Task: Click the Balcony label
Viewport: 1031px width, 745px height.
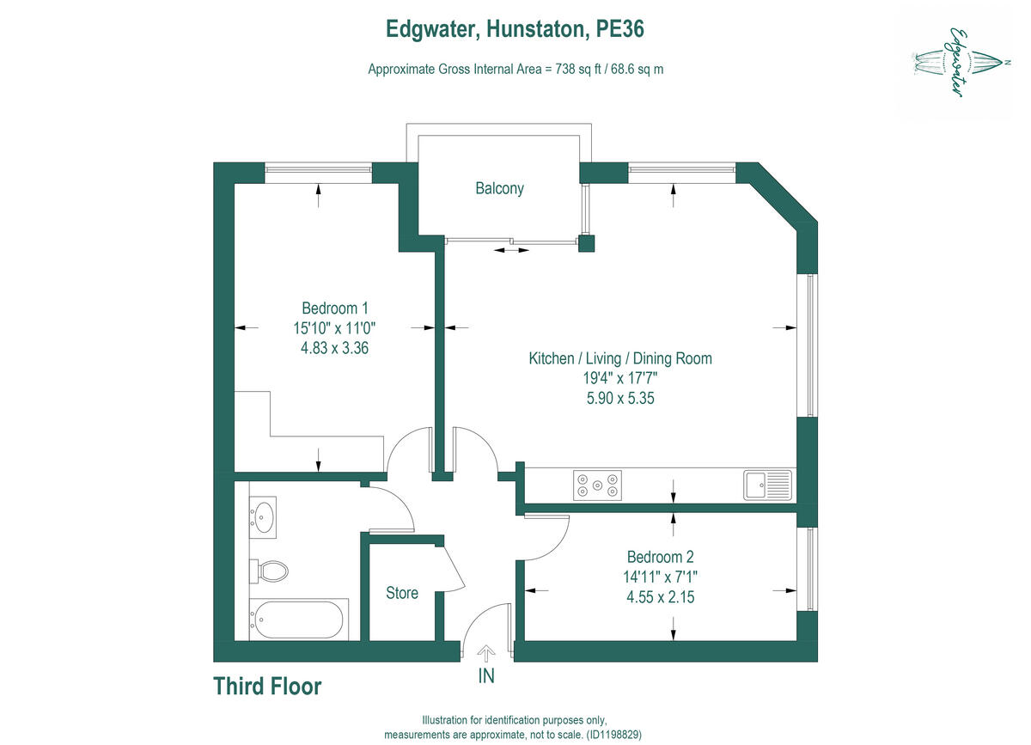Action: tap(499, 188)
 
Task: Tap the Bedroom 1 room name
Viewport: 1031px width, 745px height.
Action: tap(335, 308)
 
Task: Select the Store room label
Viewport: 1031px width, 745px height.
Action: tap(402, 593)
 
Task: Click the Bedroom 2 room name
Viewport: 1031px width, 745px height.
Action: tap(659, 556)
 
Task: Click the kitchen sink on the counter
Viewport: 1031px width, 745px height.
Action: tap(767, 485)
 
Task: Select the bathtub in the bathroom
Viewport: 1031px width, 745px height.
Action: tap(298, 620)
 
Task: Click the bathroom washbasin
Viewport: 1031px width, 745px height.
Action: tap(264, 517)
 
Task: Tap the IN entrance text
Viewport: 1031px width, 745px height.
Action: tap(486, 676)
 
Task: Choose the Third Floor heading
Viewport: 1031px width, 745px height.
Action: tap(267, 687)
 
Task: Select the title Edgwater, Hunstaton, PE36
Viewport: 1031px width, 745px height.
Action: tap(515, 29)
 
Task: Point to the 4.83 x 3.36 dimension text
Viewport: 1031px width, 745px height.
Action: tap(335, 348)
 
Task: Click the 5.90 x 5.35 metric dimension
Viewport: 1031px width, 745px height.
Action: tap(620, 398)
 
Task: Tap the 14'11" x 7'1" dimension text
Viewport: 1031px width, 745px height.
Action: tap(659, 576)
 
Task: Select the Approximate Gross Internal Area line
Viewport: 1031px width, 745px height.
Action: tap(515, 70)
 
